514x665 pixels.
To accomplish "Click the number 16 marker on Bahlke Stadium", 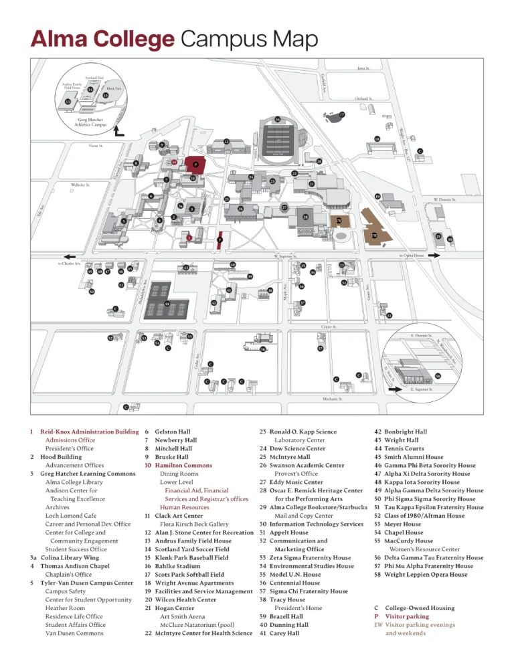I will pos(277,120).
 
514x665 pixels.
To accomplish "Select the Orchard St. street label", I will pos(363,98).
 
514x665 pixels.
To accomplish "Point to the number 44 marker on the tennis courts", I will pos(167,304).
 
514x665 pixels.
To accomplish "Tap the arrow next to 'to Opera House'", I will pos(434,255).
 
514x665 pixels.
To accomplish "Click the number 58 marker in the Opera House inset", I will pos(438,377).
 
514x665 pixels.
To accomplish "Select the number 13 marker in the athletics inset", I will pos(68,100).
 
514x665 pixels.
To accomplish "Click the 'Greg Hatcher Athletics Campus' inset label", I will pos(88,122).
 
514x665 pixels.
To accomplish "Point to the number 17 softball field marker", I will pos(342,114).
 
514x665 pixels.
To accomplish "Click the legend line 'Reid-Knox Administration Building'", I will pos(89,432).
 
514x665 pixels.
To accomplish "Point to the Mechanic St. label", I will pos(329,399).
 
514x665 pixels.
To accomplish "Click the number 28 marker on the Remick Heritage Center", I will pos(305,217).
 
